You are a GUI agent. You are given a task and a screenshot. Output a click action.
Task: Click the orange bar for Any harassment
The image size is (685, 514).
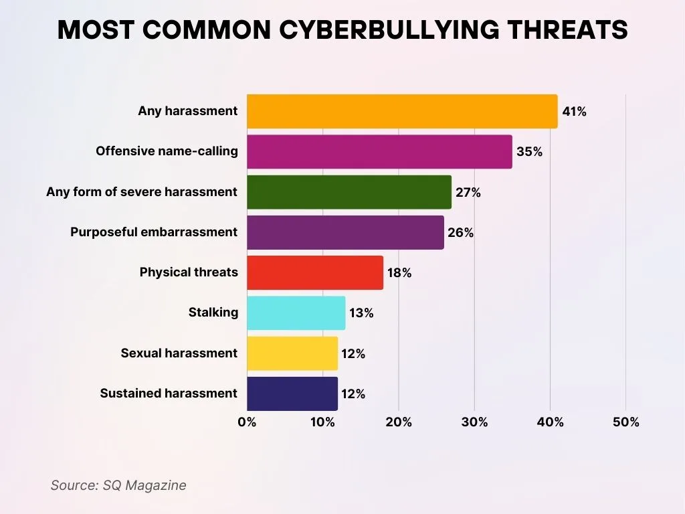(402, 111)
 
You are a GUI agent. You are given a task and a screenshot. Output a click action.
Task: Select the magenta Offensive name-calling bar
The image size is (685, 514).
(379, 151)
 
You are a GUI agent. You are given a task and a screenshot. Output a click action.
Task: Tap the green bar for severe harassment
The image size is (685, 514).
(349, 192)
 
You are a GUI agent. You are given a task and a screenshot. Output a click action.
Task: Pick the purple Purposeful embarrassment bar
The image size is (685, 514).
(345, 232)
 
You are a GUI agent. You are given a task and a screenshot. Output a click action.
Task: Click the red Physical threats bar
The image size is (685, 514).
(315, 272)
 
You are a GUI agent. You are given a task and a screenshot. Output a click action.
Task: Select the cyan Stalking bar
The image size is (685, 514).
(296, 313)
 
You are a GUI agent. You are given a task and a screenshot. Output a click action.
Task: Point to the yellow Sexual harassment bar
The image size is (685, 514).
(292, 353)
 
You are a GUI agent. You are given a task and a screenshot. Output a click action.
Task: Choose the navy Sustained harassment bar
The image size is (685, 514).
(292, 394)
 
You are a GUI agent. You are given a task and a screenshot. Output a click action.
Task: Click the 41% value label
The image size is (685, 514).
(574, 112)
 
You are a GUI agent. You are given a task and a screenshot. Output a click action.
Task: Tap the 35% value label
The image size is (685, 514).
(529, 152)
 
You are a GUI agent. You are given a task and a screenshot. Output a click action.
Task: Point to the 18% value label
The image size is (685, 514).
(399, 273)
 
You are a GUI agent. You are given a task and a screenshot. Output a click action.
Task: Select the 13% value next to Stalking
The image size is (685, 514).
(361, 313)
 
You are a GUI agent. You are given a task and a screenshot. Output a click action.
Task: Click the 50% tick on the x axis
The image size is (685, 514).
(625, 422)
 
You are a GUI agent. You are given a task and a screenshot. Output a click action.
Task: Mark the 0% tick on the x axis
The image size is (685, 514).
(247, 422)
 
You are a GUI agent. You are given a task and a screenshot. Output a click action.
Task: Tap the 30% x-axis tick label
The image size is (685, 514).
(474, 422)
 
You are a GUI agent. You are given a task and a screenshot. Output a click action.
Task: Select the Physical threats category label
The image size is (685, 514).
(189, 272)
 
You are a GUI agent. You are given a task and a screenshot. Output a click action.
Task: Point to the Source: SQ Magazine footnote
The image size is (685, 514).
(118, 485)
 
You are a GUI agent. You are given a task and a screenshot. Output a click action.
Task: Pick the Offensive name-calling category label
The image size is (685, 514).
(167, 151)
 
